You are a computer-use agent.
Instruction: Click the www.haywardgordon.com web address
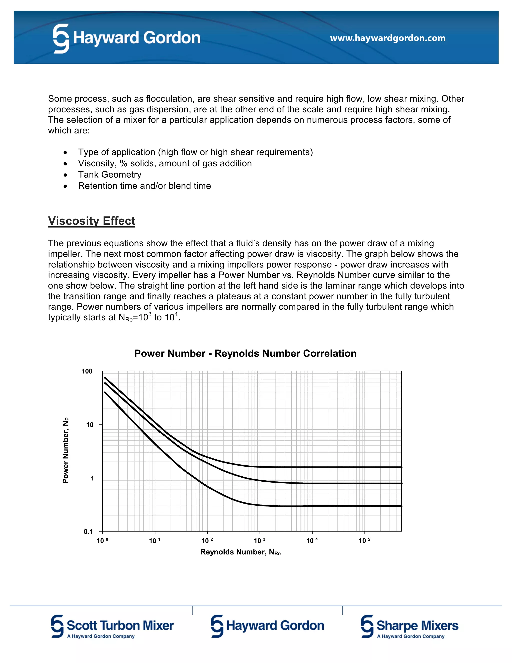[x=388, y=38]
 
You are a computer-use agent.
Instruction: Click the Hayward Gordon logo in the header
[x=127, y=38]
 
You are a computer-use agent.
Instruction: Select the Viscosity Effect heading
[x=91, y=221]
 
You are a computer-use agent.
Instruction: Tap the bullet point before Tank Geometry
[x=65, y=175]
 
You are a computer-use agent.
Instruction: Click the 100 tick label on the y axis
[x=87, y=371]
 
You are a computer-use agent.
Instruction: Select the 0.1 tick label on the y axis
[x=88, y=532]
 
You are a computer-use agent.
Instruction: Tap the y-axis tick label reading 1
[x=92, y=478]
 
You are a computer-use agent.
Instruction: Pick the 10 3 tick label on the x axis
[x=259, y=541]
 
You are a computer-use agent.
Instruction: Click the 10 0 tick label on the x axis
[x=102, y=541]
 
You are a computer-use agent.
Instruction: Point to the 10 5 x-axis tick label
[x=364, y=541]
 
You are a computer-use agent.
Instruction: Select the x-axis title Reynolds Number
[x=240, y=552]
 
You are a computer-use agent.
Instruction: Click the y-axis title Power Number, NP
[x=66, y=451]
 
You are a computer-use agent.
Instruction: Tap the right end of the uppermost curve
[x=401, y=467]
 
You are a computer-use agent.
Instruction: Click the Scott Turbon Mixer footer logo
[x=112, y=626]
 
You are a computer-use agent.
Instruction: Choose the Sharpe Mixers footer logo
[x=409, y=626]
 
